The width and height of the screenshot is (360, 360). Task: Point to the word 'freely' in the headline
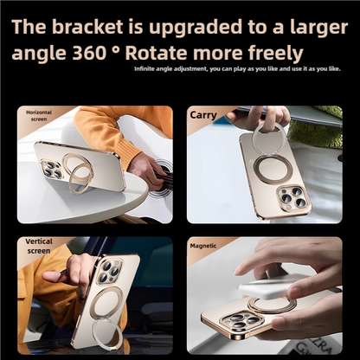click(274, 53)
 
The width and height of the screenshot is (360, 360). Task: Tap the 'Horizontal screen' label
click(39, 116)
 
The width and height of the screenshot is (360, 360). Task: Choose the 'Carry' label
click(203, 114)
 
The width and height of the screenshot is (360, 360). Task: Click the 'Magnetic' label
click(203, 246)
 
